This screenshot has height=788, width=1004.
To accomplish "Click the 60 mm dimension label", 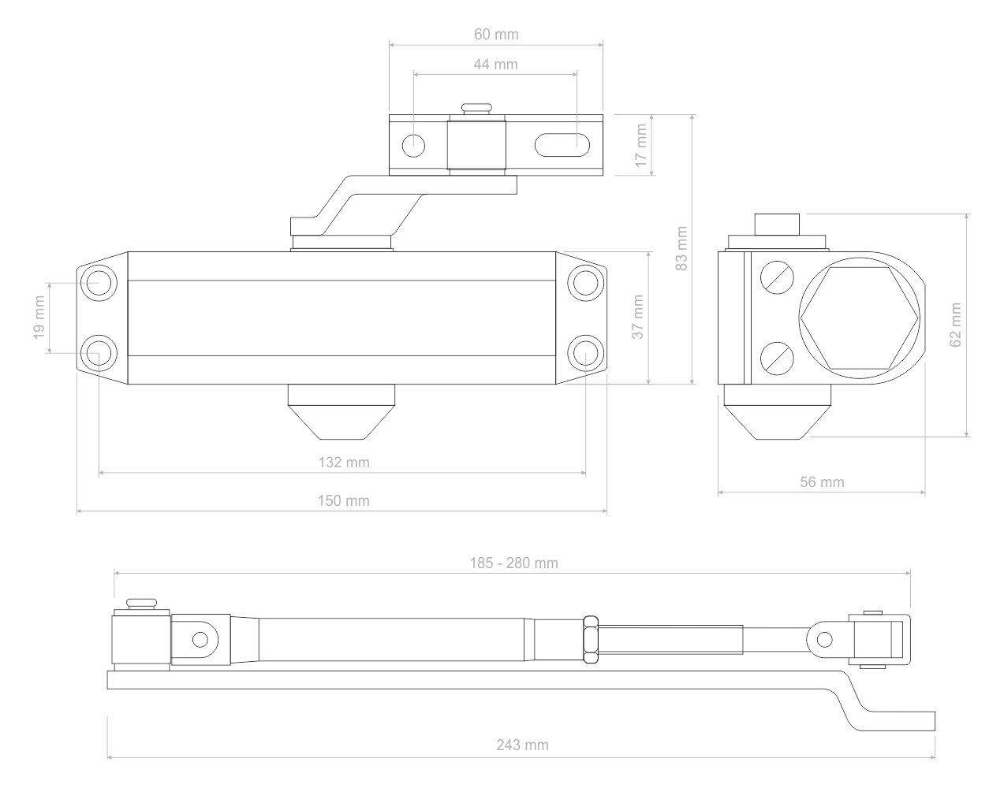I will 496,35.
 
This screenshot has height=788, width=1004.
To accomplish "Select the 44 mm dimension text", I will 496,65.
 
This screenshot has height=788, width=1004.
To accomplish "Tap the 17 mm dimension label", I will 640,145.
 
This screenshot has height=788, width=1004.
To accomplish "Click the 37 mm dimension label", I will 638,317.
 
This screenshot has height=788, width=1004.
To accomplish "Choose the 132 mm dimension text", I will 343,463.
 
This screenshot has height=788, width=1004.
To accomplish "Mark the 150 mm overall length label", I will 343,501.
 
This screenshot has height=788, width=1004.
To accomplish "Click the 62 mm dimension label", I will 956,325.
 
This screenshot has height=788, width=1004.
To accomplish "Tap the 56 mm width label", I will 822,482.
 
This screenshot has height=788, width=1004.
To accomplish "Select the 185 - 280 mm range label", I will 513,563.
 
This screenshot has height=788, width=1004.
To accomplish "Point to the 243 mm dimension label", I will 522,745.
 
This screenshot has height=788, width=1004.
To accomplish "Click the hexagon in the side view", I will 859,318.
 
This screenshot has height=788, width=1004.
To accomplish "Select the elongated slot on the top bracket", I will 563,146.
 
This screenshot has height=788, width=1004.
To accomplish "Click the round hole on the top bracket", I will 414,146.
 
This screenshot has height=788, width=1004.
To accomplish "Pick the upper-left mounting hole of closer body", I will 100,281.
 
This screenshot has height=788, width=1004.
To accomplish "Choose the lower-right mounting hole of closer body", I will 585,351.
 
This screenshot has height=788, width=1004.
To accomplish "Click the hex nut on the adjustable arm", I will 592,639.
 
